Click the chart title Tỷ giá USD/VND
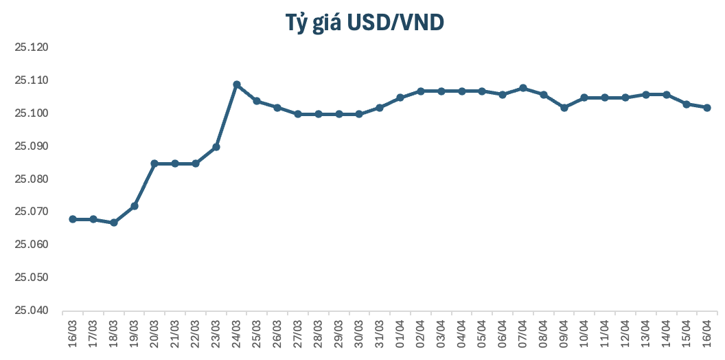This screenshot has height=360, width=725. pos(365,23)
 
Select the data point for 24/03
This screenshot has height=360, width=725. pos(236,85)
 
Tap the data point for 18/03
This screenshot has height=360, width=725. pos(114,223)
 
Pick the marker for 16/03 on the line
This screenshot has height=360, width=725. pos(73,219)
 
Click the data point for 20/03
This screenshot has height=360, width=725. pos(154,164)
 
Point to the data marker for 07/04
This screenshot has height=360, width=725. pos(523,88)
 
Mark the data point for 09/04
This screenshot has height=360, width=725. pos(564,108)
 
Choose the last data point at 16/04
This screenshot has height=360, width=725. pos(707,108)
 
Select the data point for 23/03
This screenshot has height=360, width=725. pos(216,147)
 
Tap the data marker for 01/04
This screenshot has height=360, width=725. pos(400,98)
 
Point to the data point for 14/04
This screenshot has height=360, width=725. pos(666,95)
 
